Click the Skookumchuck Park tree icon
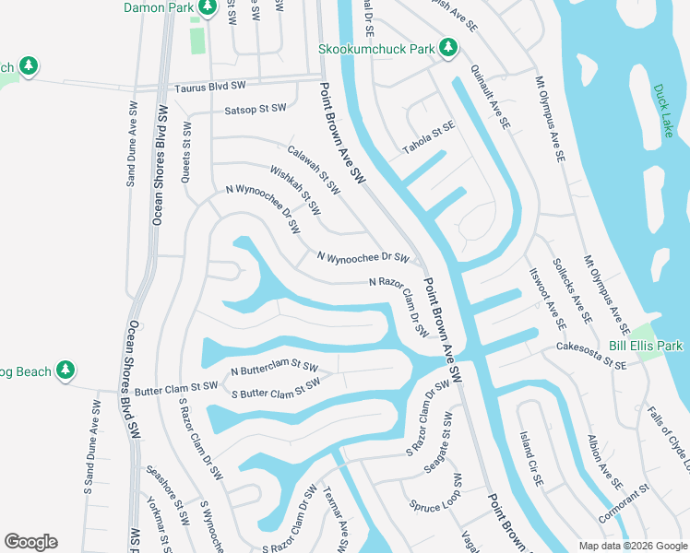coord(448,47)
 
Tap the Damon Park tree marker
coord(208,7)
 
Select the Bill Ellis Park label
coord(645,346)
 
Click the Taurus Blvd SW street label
coord(210,87)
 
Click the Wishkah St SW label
coord(295,190)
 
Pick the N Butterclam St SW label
coord(274,368)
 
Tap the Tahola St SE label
coord(429,138)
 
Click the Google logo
coord(30,542)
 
